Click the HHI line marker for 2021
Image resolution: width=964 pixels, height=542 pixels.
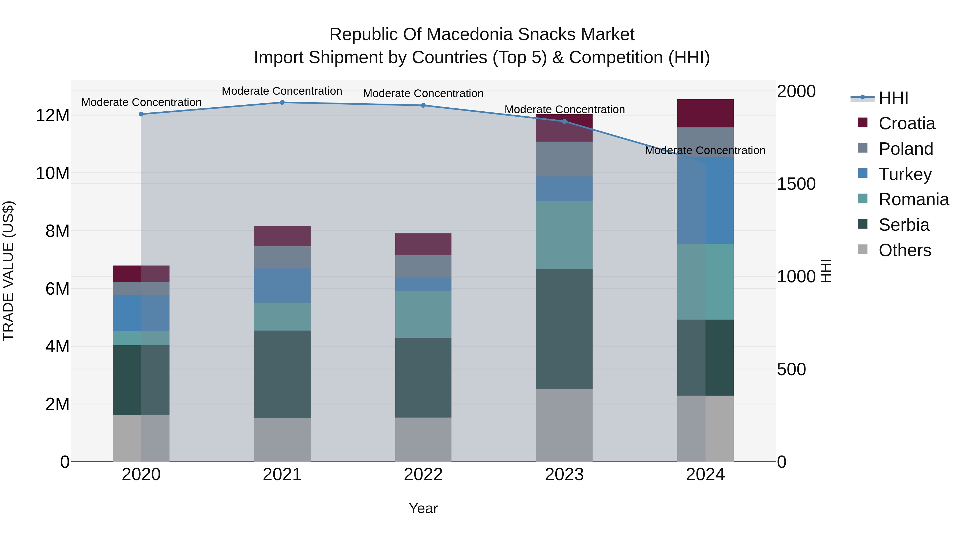tap(282, 103)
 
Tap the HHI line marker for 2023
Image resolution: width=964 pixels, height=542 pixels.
tap(564, 121)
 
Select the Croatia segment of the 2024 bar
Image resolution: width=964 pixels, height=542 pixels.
tap(705, 113)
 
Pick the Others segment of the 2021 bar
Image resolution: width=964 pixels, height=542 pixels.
tap(282, 439)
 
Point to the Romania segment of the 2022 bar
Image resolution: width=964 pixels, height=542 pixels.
tap(423, 314)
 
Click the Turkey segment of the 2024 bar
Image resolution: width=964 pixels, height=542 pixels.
tap(705, 200)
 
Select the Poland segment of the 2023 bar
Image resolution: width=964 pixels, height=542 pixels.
tap(564, 159)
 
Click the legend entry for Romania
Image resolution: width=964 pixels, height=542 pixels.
tap(913, 199)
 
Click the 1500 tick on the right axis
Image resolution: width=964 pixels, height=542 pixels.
tap(796, 184)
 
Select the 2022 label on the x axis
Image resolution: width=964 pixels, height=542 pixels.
tap(423, 475)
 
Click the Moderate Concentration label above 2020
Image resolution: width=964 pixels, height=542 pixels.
tap(141, 102)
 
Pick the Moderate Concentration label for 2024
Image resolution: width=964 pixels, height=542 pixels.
tap(705, 150)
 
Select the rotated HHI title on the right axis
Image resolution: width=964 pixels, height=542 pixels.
tap(826, 271)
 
